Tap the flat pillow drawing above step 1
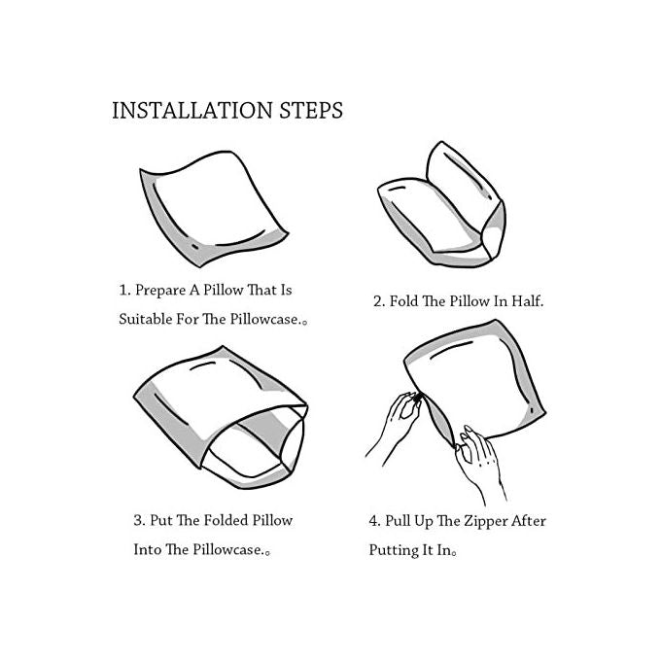(x=214, y=209)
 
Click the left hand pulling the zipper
(x=397, y=426)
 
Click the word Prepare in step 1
(x=160, y=291)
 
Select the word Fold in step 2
(x=403, y=301)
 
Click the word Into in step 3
(x=147, y=549)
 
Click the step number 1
(x=124, y=291)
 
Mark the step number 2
(x=379, y=301)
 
